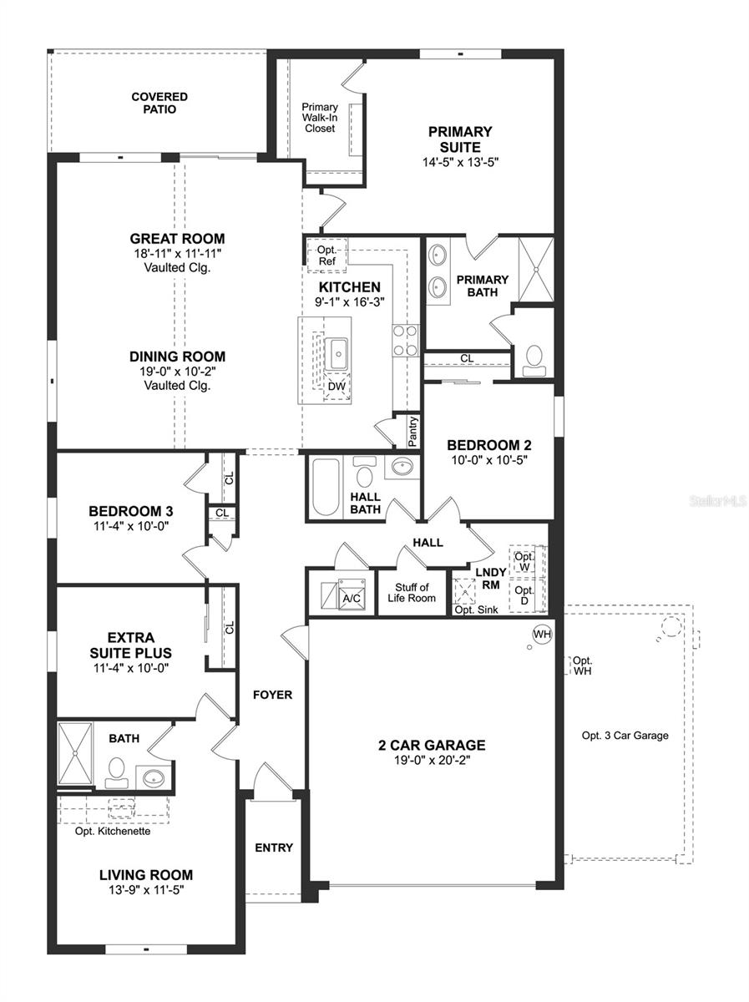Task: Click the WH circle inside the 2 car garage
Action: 542,635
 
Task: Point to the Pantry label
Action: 412,432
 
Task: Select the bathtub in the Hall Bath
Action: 325,487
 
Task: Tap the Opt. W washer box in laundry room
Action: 524,561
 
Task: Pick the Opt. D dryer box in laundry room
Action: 524,595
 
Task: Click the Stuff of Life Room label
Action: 412,593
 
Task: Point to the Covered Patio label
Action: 159,103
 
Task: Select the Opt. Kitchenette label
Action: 112,831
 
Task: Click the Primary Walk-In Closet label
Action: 320,118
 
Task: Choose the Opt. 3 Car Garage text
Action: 625,736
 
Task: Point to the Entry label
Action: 274,848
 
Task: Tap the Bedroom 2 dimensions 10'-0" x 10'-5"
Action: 488,459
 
